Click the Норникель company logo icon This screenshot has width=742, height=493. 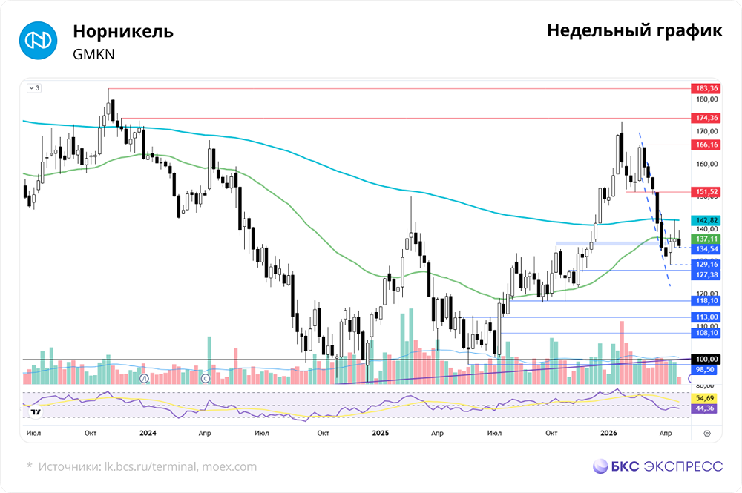coord(37,41)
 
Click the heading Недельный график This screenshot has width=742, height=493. coord(634,31)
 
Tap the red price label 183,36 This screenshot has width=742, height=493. coord(705,88)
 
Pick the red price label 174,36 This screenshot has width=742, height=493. coord(705,118)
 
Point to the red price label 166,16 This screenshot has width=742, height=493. coord(705,144)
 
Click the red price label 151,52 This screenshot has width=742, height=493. coord(705,192)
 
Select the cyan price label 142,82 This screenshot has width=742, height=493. coord(705,220)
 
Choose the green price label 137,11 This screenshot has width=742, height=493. coord(705,239)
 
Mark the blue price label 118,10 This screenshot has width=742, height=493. coord(705,301)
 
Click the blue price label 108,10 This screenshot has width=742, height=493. coord(705,334)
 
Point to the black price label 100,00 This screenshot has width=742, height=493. coord(705,360)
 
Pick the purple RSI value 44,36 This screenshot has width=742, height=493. coord(705,408)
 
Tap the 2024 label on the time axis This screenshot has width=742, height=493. coord(147,432)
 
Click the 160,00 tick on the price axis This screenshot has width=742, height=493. coord(706,164)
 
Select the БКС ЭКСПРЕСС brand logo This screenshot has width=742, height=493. coord(657,466)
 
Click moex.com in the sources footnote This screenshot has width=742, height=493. coord(229,466)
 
